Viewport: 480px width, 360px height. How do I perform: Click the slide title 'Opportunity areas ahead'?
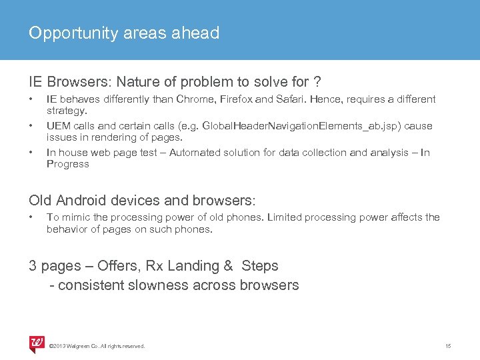(x=124, y=33)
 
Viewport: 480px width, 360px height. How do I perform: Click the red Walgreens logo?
(x=37, y=343)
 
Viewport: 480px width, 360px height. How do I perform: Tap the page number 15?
(x=448, y=345)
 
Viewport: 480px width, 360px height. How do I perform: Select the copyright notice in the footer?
(x=97, y=345)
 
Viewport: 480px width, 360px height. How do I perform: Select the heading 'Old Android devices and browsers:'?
(x=143, y=200)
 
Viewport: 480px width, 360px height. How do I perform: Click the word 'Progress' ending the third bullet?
(x=67, y=164)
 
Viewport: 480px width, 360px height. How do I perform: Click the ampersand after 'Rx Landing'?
(x=228, y=266)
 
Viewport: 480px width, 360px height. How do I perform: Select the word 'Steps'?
(x=260, y=266)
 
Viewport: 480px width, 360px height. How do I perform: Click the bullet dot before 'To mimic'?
(x=31, y=217)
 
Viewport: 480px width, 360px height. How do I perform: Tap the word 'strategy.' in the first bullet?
(x=67, y=111)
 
